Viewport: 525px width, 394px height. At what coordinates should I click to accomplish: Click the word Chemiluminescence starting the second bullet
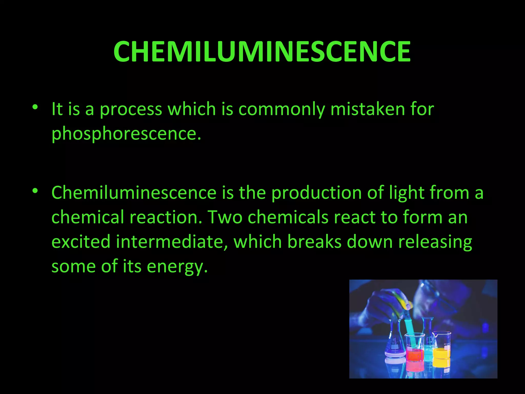click(x=134, y=192)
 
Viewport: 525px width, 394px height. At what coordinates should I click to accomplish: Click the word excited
click(x=81, y=242)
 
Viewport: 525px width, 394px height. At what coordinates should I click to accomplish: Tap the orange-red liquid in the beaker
click(x=415, y=355)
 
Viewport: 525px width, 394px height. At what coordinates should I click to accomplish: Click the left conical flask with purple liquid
click(x=395, y=341)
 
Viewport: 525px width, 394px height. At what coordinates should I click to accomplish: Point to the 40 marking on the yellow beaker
click(x=445, y=344)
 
